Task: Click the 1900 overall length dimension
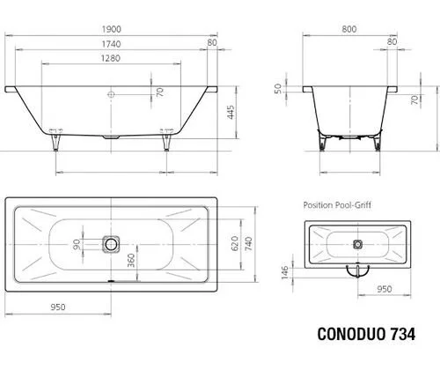[x=112, y=29]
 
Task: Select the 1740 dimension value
[x=111, y=44]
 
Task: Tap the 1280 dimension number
[x=111, y=58]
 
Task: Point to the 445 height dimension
[x=231, y=112]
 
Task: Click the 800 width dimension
[x=349, y=29]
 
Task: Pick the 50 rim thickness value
[x=278, y=88]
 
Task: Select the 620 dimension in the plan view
[x=235, y=243]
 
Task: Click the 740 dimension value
[x=248, y=244]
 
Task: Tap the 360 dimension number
[x=131, y=261]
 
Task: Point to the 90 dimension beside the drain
[x=77, y=244]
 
